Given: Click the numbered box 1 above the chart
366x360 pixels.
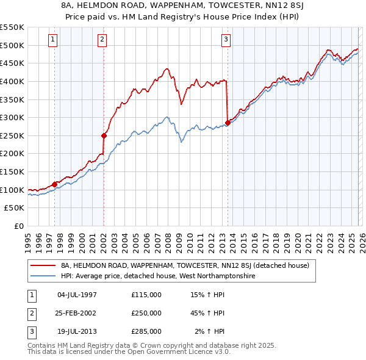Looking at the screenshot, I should pyautogui.click(x=54, y=40).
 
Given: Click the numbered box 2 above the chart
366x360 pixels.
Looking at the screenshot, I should pyautogui.click(x=102, y=40).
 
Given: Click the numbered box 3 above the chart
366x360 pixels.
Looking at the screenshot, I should pyautogui.click(x=226, y=40).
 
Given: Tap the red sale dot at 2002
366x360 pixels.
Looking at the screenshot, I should pyautogui.click(x=104, y=135).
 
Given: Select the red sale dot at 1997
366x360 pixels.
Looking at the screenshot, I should pyautogui.click(x=54, y=184).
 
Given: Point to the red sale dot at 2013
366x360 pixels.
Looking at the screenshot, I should pyautogui.click(x=228, y=123).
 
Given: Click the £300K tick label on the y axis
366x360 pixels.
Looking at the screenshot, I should pyautogui.click(x=12, y=117).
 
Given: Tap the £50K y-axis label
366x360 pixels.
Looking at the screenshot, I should pyautogui.click(x=15, y=208).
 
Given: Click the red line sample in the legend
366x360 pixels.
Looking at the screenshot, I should pyautogui.click(x=43, y=265).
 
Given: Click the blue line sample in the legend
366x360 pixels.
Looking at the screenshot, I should pyautogui.click(x=43, y=276).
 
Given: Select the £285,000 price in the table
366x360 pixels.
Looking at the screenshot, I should pyautogui.click(x=146, y=331).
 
